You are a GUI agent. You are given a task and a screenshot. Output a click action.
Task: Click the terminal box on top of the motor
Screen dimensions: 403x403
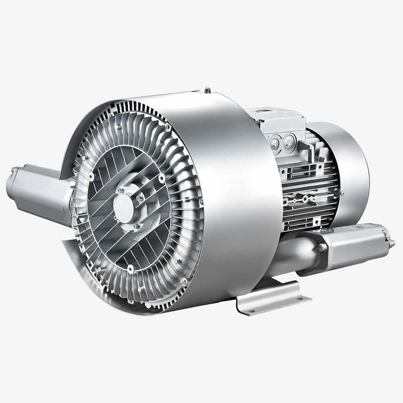click(278, 129)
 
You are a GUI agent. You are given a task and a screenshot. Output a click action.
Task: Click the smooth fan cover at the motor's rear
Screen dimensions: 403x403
click(351, 173)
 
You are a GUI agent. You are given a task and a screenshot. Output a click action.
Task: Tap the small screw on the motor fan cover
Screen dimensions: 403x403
click(342, 193)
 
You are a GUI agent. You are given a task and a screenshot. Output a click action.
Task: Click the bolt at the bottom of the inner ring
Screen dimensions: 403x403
click(131, 268)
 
